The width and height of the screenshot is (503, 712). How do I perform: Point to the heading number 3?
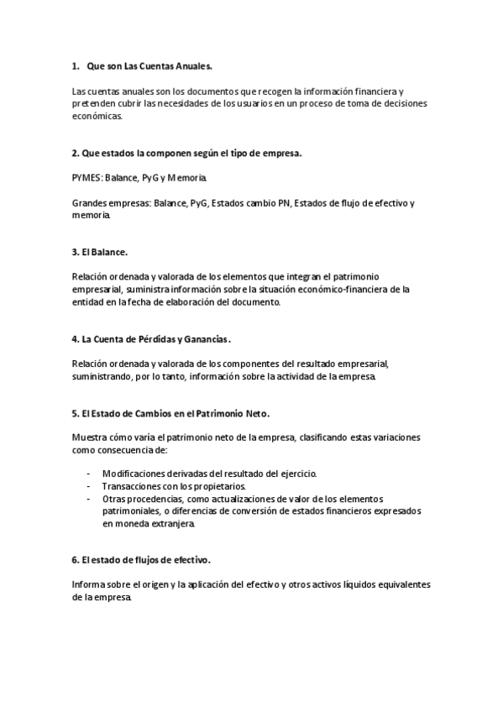76,251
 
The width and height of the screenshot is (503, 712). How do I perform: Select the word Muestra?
90,438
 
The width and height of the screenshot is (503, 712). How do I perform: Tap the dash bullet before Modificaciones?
89,474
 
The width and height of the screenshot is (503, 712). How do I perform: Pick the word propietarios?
220,486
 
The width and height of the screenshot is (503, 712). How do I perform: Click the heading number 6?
76,559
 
